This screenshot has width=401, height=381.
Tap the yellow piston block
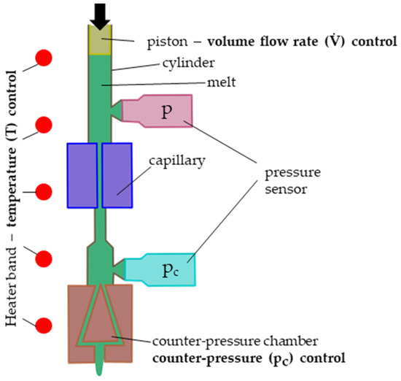99,39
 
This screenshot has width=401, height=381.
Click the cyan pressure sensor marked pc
161,271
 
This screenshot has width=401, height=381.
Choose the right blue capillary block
117,175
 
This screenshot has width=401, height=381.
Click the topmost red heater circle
44,58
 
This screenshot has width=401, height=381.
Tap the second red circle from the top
44,125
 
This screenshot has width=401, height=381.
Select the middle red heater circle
44,192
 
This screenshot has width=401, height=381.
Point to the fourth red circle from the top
44,259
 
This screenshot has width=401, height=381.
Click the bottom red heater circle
44,326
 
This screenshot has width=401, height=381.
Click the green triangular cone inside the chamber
99,321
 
